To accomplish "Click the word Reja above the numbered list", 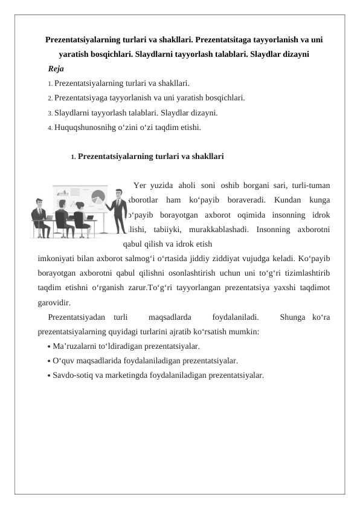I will (56, 69).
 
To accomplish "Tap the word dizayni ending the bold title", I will (294, 54).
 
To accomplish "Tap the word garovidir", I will (53, 302).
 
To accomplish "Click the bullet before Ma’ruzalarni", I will (48, 346).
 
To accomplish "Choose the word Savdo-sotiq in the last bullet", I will (72, 375).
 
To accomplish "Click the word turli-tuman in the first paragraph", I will (310, 184).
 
